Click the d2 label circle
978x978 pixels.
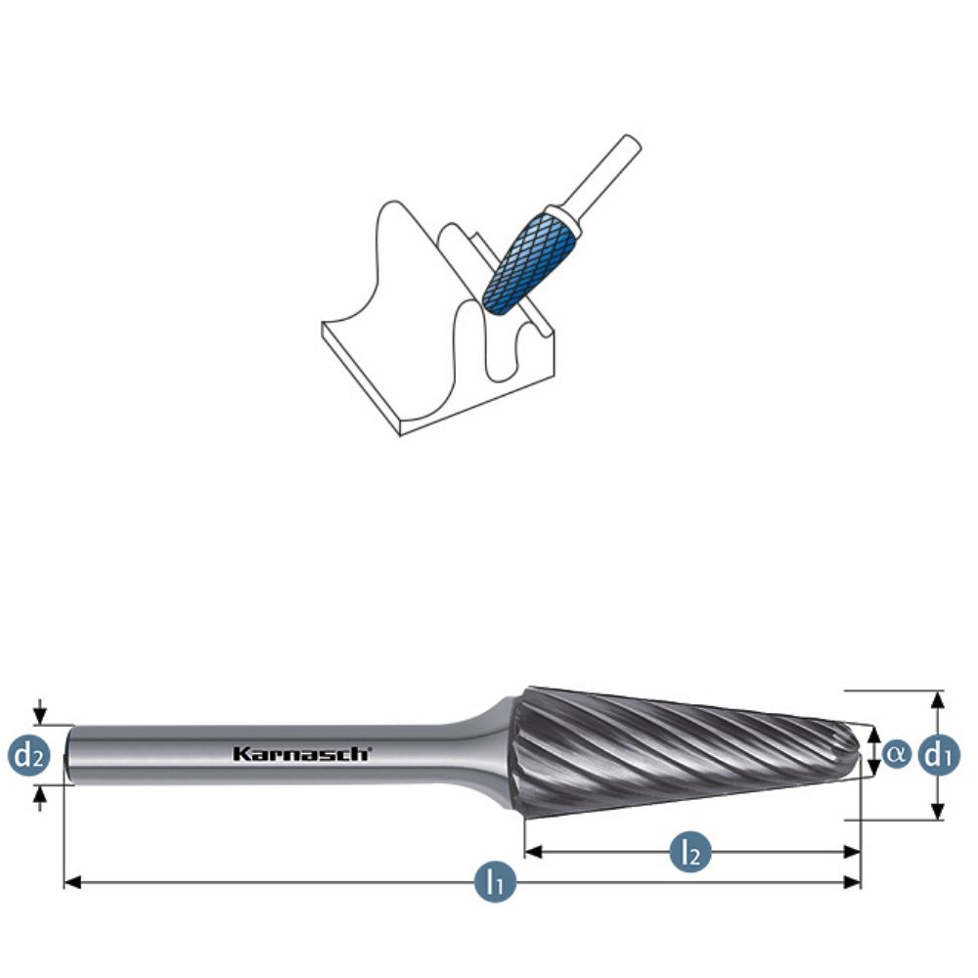(x=29, y=754)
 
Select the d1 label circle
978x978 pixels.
(x=939, y=754)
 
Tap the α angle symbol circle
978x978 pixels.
(x=896, y=754)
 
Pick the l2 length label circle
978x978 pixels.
(x=690, y=853)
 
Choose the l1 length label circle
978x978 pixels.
(x=496, y=883)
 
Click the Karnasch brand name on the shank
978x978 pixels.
(x=301, y=753)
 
